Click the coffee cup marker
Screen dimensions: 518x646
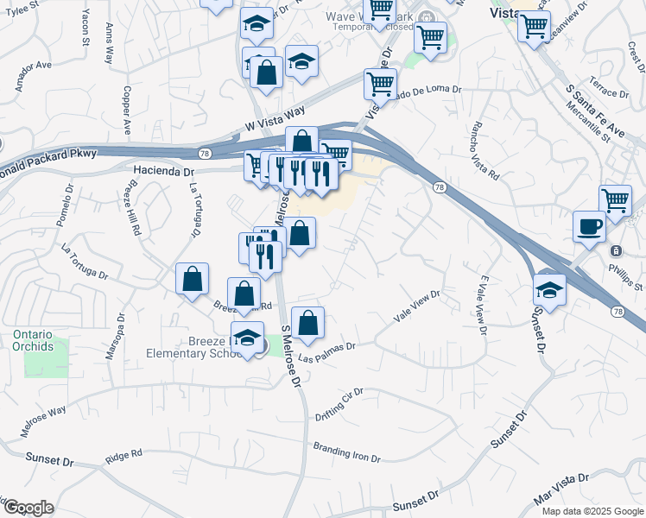[x=589, y=226]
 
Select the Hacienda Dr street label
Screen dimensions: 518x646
[x=164, y=172]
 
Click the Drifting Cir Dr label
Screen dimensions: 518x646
[x=340, y=398]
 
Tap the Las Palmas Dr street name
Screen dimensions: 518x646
[x=326, y=351]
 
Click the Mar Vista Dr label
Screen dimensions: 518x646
[x=561, y=489]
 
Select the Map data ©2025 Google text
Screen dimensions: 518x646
[x=592, y=511]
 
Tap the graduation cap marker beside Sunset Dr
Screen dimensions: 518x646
[x=548, y=288]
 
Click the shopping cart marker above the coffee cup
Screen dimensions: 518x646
[x=615, y=200]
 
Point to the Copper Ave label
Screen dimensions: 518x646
[x=126, y=109]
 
